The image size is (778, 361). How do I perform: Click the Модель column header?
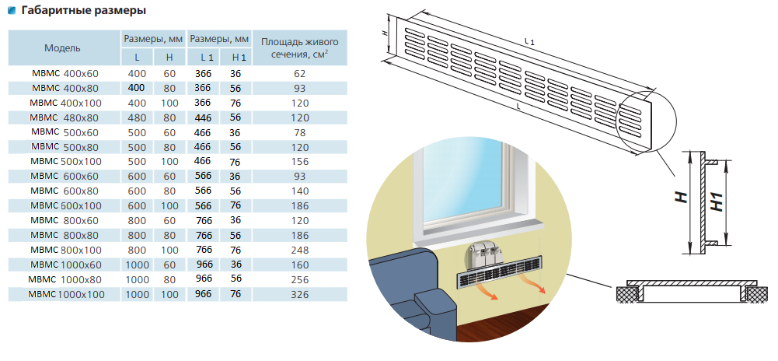tap(62, 47)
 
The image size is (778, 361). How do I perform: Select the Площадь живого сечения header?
tap(304, 47)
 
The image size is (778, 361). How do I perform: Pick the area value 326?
tap(300, 294)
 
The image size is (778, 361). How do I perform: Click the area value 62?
tap(300, 73)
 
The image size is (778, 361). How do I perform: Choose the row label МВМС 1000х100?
tap(67, 294)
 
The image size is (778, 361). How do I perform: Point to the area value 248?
tap(300, 250)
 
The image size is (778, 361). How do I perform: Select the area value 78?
tap(300, 132)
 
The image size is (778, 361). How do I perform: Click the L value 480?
tap(137, 117)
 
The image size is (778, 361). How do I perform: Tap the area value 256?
tap(300, 279)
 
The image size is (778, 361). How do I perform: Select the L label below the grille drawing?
tap(518, 105)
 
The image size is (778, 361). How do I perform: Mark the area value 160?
tap(300, 265)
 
